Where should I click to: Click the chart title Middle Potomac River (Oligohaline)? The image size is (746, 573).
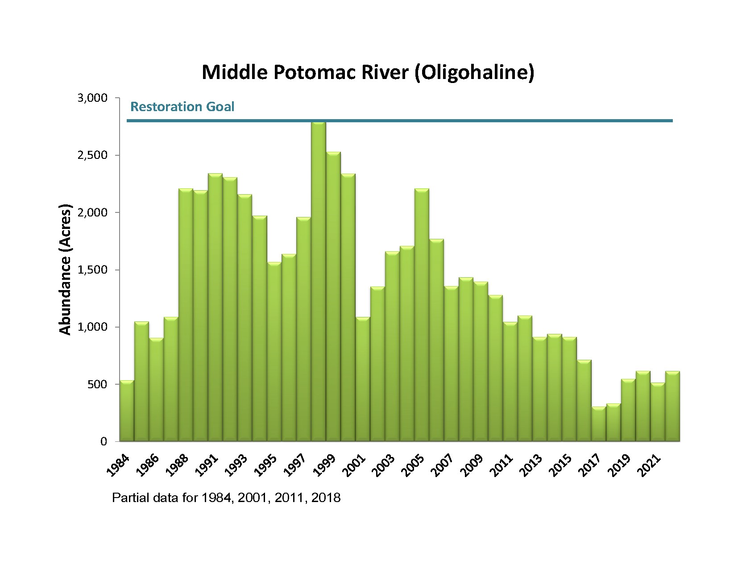click(368, 72)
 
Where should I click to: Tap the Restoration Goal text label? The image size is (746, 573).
click(182, 107)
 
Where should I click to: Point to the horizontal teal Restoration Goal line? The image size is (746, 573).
click(446, 120)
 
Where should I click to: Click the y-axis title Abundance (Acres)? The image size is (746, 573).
click(66, 270)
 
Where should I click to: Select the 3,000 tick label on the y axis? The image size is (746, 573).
click(93, 98)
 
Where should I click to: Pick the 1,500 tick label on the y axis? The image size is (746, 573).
click(93, 270)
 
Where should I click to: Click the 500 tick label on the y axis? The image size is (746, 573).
click(98, 385)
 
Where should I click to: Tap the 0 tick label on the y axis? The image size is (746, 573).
click(104, 442)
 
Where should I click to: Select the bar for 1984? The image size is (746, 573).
click(127, 411)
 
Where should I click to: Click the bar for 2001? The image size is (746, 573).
click(363, 379)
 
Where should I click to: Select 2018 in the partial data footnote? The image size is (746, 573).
click(326, 498)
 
